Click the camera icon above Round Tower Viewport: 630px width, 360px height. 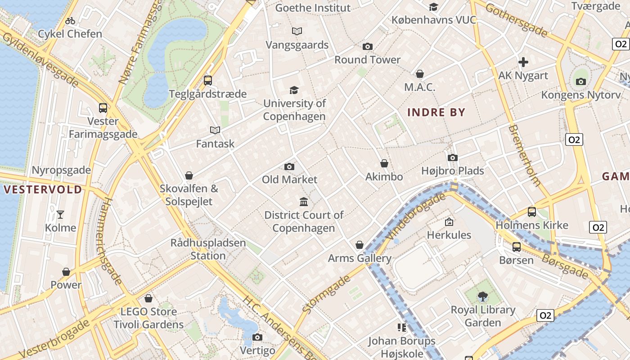click(x=368, y=47)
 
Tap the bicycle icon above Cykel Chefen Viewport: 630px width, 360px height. click(x=70, y=21)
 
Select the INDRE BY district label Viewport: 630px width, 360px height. click(x=436, y=112)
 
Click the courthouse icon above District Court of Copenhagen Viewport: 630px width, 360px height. click(x=304, y=202)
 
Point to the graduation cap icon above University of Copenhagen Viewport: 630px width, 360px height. click(x=294, y=90)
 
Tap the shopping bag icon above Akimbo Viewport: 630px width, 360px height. click(x=384, y=163)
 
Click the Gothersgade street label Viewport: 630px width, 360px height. click(x=517, y=20)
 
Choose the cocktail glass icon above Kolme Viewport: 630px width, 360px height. click(x=60, y=214)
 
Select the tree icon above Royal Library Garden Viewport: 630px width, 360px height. click(x=483, y=296)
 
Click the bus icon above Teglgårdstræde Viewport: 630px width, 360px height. click(x=208, y=81)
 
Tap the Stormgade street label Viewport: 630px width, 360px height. click(x=327, y=294)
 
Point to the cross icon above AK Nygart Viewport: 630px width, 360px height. click(x=523, y=62)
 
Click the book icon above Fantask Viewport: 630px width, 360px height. click(x=215, y=130)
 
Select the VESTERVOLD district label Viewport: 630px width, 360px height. click(x=43, y=189)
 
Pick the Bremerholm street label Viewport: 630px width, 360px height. click(x=524, y=156)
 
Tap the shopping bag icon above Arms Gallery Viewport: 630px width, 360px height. click(x=360, y=245)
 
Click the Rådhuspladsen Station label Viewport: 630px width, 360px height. click(x=208, y=249)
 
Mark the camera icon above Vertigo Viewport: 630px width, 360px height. click(x=257, y=337)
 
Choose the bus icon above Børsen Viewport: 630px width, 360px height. click(x=516, y=247)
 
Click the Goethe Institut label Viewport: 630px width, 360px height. click(x=313, y=8)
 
